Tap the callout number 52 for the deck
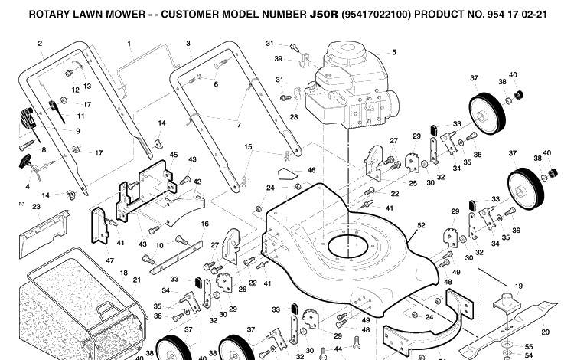coord(422,225)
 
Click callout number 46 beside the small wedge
coord(311,170)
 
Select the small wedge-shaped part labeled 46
coord(288,173)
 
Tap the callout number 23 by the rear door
coord(36,207)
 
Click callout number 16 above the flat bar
coord(204,224)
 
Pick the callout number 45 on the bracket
coord(174,155)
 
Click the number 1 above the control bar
coord(129,44)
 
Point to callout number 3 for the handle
coord(188,43)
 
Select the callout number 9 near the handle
coord(77,131)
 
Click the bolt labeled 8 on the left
coord(27,147)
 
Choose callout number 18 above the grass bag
coord(124,273)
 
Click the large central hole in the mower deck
coord(347,246)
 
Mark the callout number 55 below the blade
coord(529,347)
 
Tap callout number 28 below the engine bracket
coord(294,117)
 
